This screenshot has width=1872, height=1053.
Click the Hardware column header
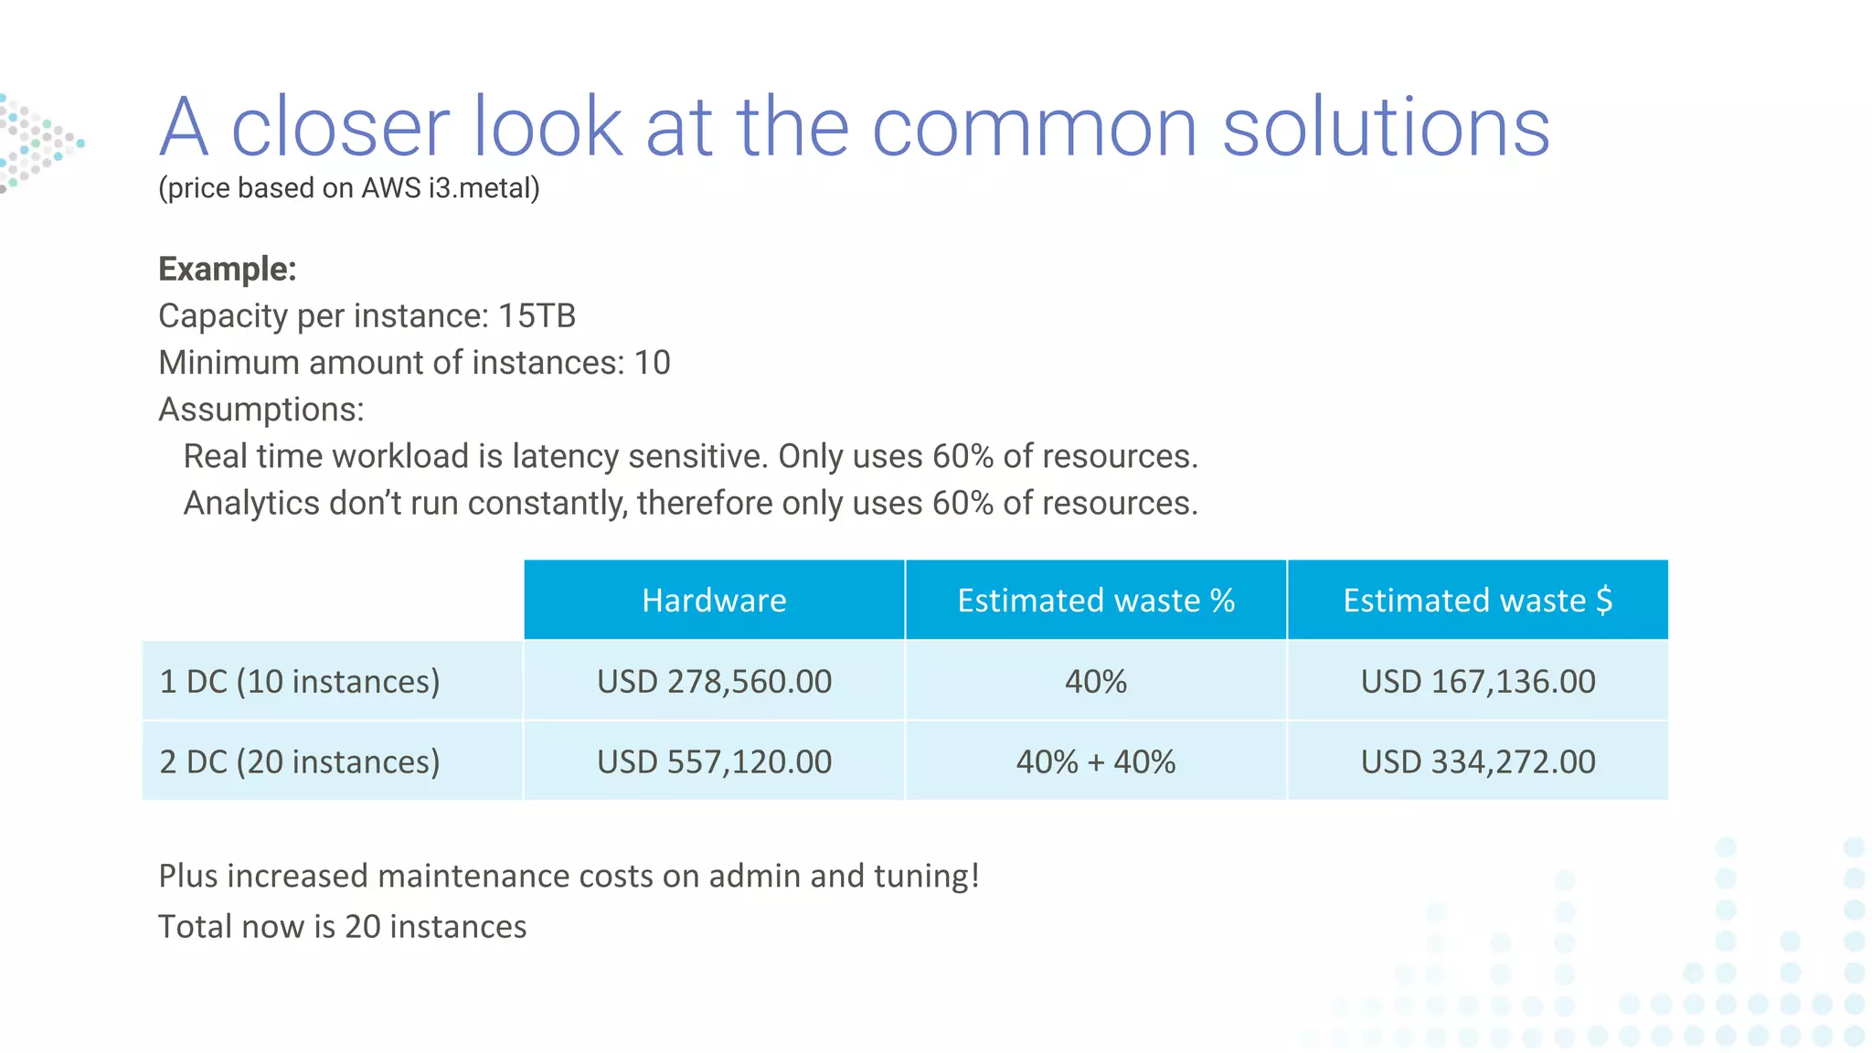click(x=714, y=601)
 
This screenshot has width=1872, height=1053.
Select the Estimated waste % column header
click(x=1095, y=601)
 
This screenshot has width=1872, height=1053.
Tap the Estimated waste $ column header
click(x=1477, y=601)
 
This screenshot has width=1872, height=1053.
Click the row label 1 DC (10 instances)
click(x=300, y=682)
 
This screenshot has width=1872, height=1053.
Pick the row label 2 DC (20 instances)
click(x=300, y=761)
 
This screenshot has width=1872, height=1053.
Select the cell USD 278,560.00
click(x=714, y=682)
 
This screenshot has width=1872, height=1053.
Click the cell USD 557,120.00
click(x=714, y=761)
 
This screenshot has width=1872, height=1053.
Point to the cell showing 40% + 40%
click(x=1095, y=761)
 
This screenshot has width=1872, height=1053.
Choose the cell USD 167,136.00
click(x=1477, y=682)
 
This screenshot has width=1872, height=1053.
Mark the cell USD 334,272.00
click(x=1477, y=761)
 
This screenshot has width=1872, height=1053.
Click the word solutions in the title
click(x=1386, y=127)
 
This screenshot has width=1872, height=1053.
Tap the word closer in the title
click(x=340, y=127)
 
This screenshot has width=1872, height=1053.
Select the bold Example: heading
click(x=228, y=270)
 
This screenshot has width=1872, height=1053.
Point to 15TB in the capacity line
click(x=537, y=316)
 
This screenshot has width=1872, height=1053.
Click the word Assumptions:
click(x=261, y=409)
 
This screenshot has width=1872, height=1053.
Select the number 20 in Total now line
click(x=362, y=927)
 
